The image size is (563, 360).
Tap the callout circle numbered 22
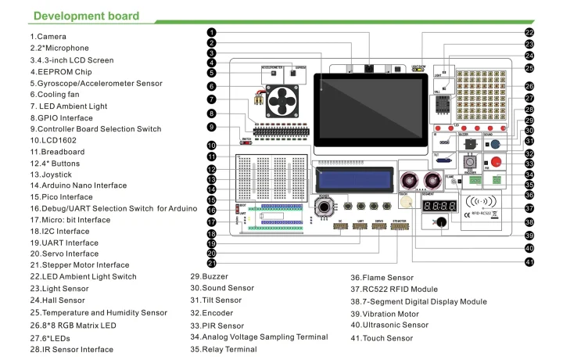coord(529,33)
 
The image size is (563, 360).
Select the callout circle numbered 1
coord(212,32)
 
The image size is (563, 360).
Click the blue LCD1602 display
coord(353,176)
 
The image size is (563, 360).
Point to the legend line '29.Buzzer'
coord(209,276)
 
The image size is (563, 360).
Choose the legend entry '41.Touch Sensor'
coord(382,338)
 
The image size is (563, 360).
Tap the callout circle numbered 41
coord(529,261)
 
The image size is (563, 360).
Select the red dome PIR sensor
coord(495,160)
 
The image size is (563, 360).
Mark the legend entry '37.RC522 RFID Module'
coord(393,289)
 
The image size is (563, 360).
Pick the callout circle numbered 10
coord(212,146)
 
